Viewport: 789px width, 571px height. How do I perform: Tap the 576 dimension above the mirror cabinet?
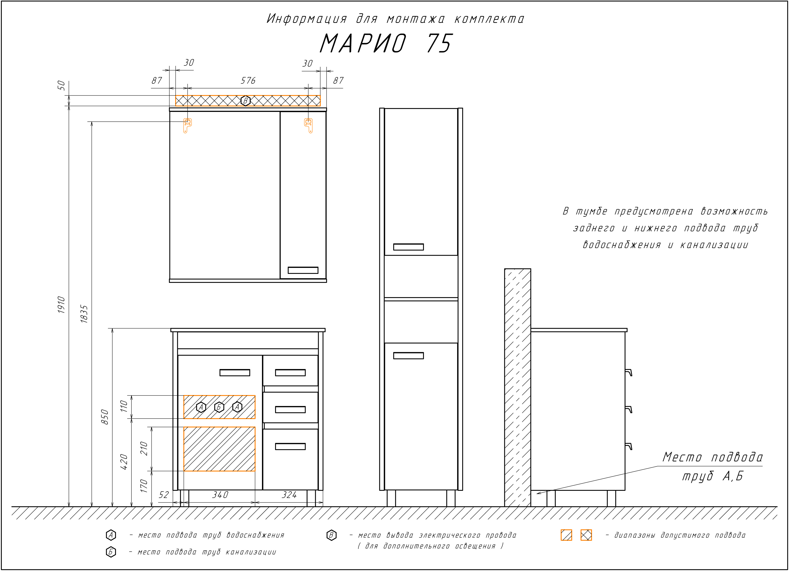click(x=248, y=81)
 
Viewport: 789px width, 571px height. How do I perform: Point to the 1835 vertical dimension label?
click(x=84, y=314)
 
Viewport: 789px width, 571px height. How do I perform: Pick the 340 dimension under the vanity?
click(x=220, y=495)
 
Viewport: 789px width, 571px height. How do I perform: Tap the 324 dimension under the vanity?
click(x=289, y=495)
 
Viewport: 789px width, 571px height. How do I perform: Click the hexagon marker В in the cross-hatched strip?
click(x=246, y=101)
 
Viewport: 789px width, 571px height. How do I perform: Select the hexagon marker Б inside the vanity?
click(x=219, y=407)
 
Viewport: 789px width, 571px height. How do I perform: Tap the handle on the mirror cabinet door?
click(x=303, y=270)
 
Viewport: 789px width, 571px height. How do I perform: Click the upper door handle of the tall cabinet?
click(x=408, y=247)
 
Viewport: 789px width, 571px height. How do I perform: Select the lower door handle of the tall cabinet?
click(x=408, y=355)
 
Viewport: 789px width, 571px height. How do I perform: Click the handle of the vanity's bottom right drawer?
click(x=290, y=446)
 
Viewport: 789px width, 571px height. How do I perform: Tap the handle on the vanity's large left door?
click(x=235, y=372)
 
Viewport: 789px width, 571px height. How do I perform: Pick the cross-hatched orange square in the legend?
click(x=586, y=535)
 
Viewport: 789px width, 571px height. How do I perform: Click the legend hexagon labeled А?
click(x=111, y=535)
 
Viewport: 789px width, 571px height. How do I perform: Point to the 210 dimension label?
click(x=144, y=449)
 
